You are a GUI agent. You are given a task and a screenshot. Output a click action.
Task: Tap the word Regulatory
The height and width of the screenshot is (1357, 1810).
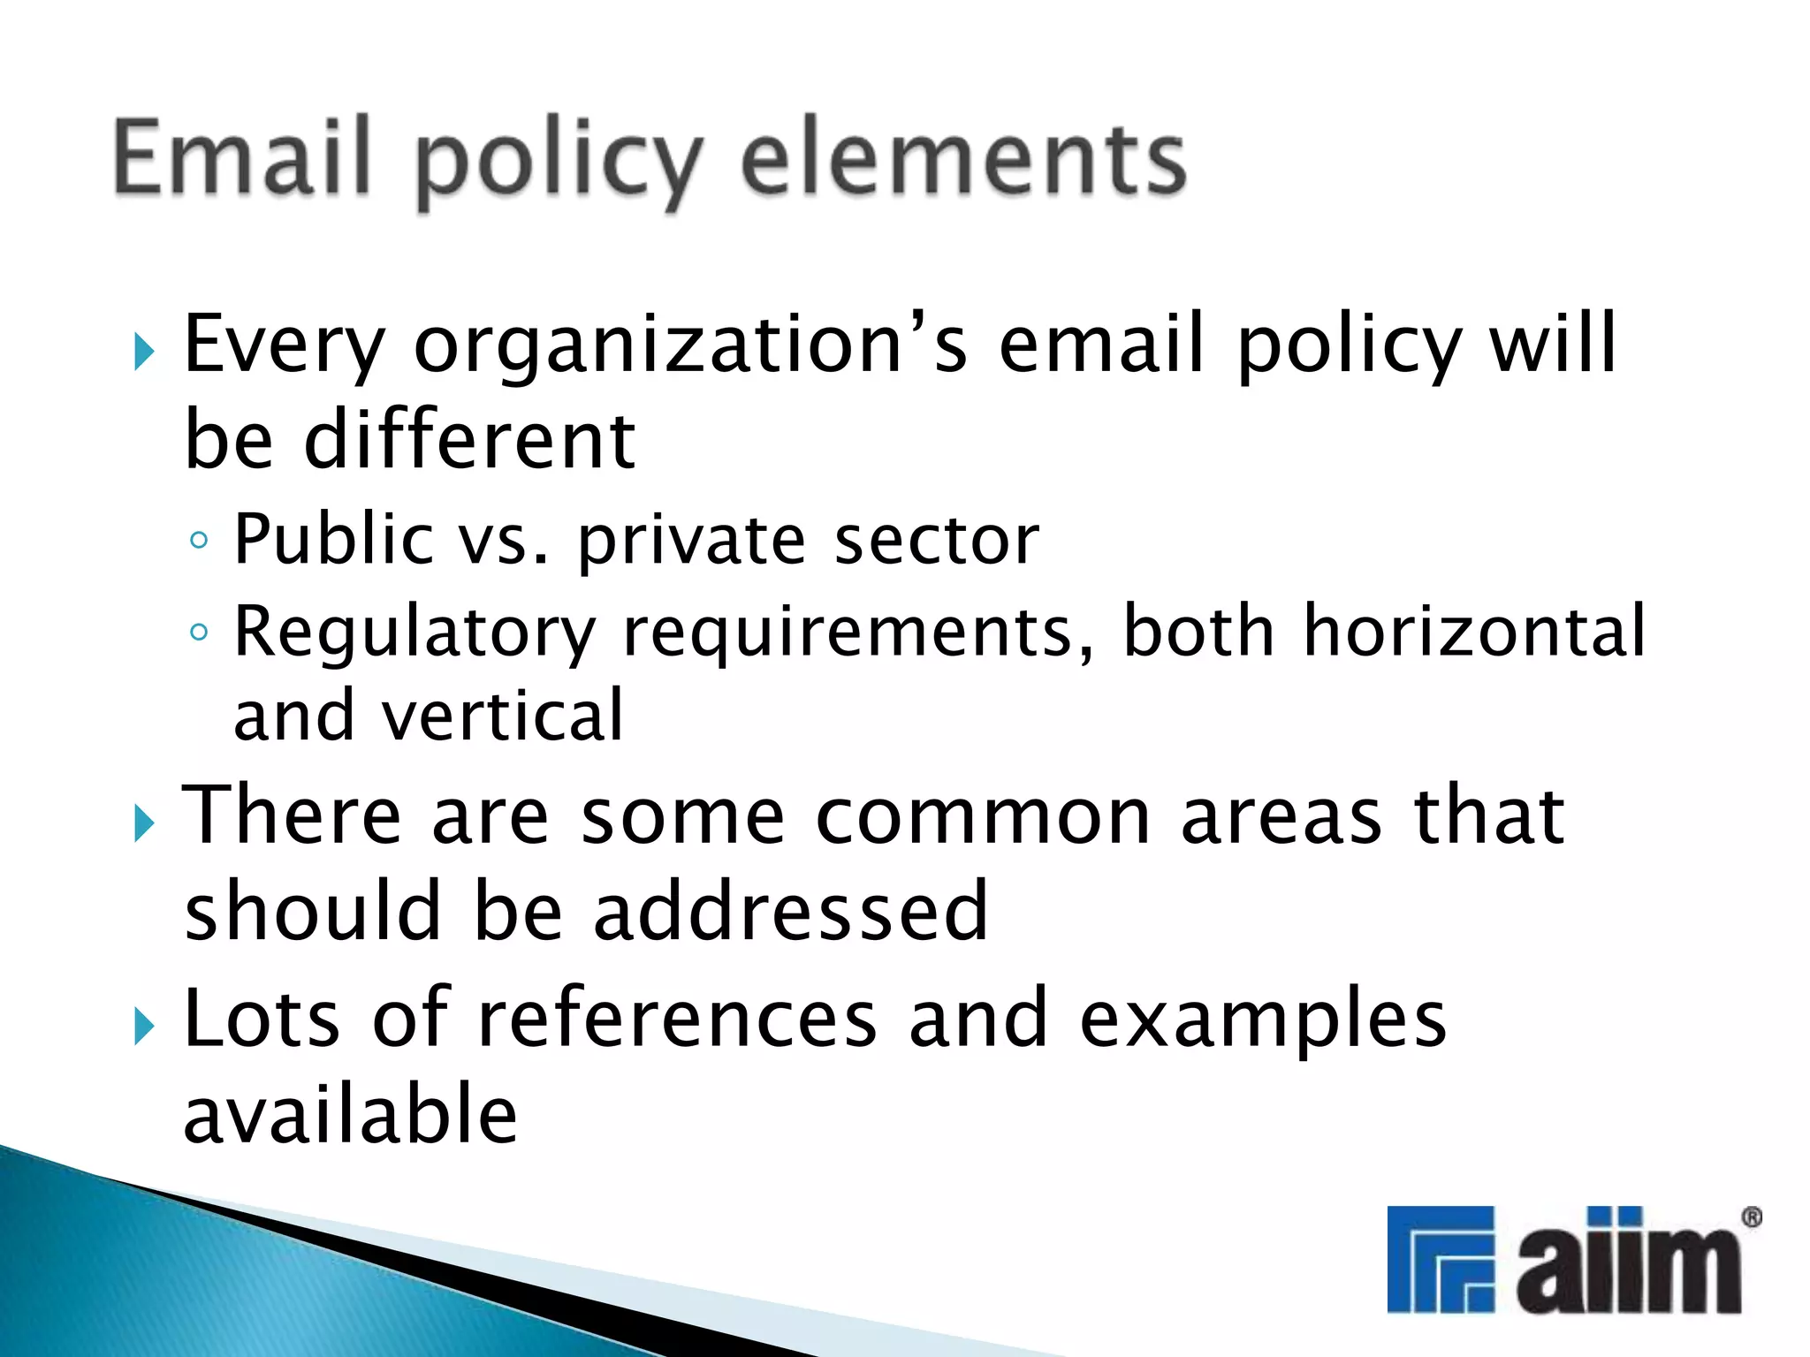point(415,633)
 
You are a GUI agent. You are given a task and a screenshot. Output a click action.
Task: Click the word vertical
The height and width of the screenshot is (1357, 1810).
point(502,715)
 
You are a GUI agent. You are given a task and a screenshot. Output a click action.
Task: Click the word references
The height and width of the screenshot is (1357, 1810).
point(677,1020)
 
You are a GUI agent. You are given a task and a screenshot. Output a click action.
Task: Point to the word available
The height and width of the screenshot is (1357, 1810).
point(350,1115)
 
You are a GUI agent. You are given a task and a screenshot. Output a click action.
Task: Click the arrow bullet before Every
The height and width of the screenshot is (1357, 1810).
point(144,353)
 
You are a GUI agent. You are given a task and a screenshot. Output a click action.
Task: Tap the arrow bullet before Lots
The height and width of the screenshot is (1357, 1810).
point(144,1027)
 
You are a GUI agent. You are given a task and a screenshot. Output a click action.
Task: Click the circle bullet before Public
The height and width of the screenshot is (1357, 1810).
point(200,540)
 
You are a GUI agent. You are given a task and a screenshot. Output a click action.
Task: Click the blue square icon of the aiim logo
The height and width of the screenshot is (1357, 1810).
point(1440,1258)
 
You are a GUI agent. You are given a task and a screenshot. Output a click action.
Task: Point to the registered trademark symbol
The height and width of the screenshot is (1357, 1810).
point(1751,1218)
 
